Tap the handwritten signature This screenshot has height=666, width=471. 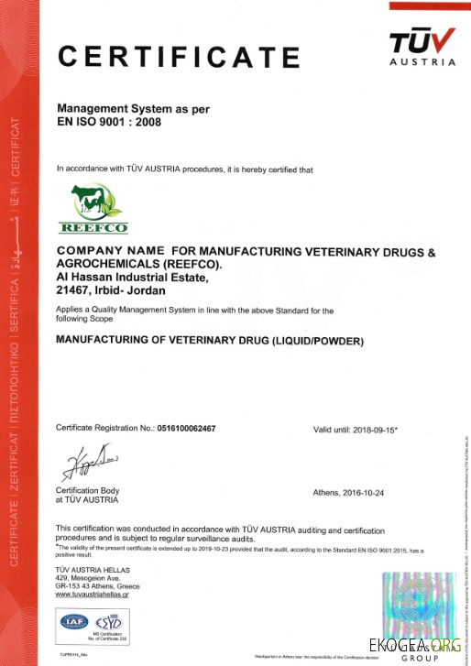point(83,462)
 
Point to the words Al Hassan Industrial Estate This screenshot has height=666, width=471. point(133,278)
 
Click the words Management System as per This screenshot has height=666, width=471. point(133,108)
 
